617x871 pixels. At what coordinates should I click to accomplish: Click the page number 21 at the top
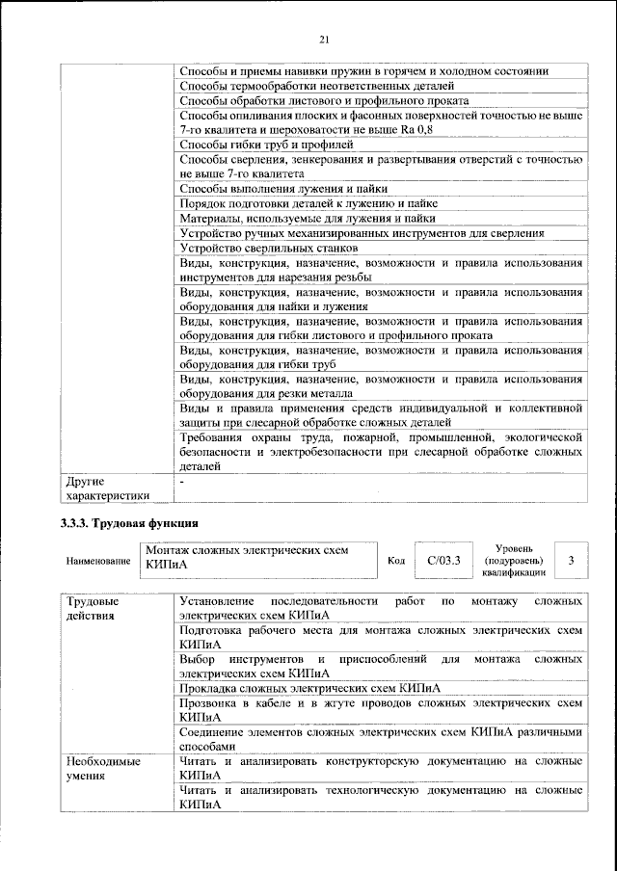tap(324, 39)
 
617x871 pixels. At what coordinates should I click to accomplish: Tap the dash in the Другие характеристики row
tap(181, 480)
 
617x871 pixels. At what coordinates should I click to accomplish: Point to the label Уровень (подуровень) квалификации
tap(512, 560)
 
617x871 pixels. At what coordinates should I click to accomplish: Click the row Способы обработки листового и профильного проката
tap(324, 100)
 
